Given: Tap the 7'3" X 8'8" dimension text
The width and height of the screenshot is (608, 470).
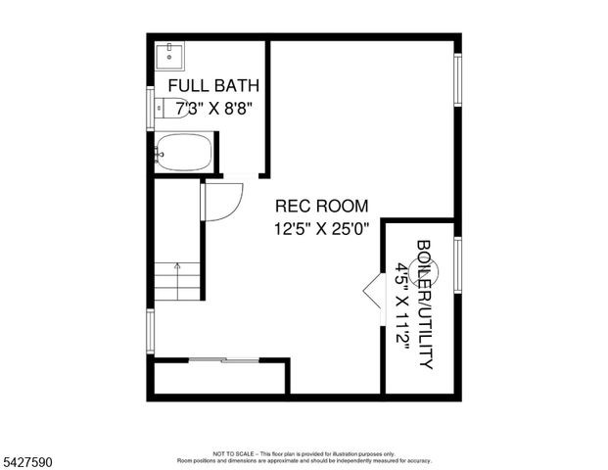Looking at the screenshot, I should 208,108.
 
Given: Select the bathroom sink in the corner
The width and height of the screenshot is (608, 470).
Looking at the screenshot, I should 170,55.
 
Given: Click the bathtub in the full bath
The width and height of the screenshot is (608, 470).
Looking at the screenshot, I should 184,154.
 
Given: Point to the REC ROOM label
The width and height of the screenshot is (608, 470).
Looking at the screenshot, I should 321,207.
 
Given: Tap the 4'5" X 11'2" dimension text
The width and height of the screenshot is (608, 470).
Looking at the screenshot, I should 401,304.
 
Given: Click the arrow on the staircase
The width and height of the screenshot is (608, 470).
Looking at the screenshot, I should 177,264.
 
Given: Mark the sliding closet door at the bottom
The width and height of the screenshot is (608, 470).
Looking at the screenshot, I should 223,361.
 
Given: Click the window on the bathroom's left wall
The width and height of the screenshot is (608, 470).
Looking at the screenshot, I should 150,108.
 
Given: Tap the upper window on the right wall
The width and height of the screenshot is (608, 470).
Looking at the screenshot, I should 457,79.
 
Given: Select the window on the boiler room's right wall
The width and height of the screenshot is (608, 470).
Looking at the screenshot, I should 457,263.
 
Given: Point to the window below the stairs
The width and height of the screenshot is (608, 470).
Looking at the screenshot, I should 150,330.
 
